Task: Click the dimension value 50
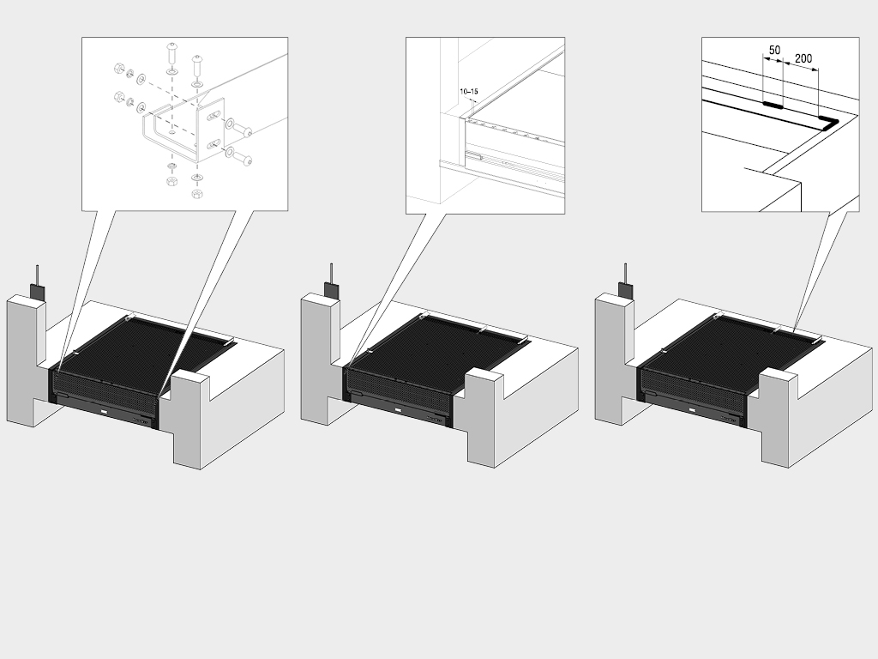coord(774,51)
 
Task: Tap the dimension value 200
coord(803,58)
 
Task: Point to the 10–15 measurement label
coord(469,91)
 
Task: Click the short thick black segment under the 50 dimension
coord(773,104)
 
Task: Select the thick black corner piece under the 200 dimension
coord(830,122)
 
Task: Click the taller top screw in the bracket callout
coord(171,54)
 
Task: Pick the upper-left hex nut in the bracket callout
coord(118,69)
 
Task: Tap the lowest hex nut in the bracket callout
coord(196,194)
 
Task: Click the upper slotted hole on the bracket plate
coord(213,116)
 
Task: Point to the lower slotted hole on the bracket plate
coord(213,144)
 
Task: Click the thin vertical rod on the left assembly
coord(38,275)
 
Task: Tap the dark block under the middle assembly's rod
coord(332,291)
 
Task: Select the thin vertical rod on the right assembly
coord(625,274)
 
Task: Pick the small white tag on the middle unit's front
coord(398,409)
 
